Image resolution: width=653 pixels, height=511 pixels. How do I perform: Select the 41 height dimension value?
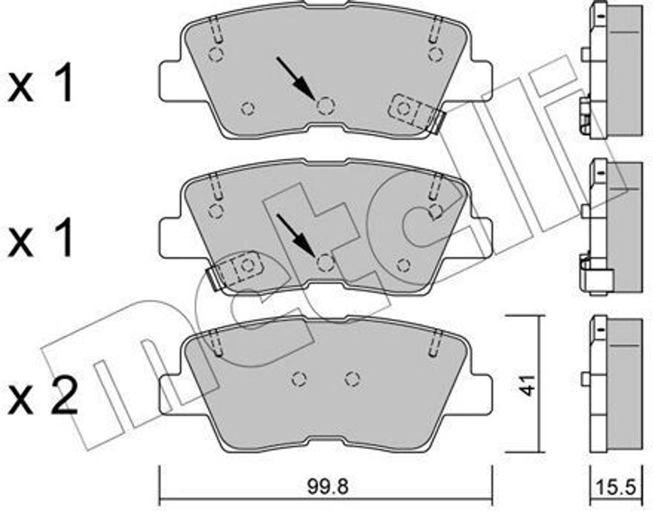click(x=528, y=385)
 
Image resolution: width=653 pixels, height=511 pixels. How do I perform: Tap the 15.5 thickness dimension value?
click(x=615, y=487)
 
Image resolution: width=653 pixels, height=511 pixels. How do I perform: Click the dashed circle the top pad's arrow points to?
click(x=326, y=106)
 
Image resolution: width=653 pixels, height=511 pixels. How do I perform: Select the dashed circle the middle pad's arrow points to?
click(x=325, y=263)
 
